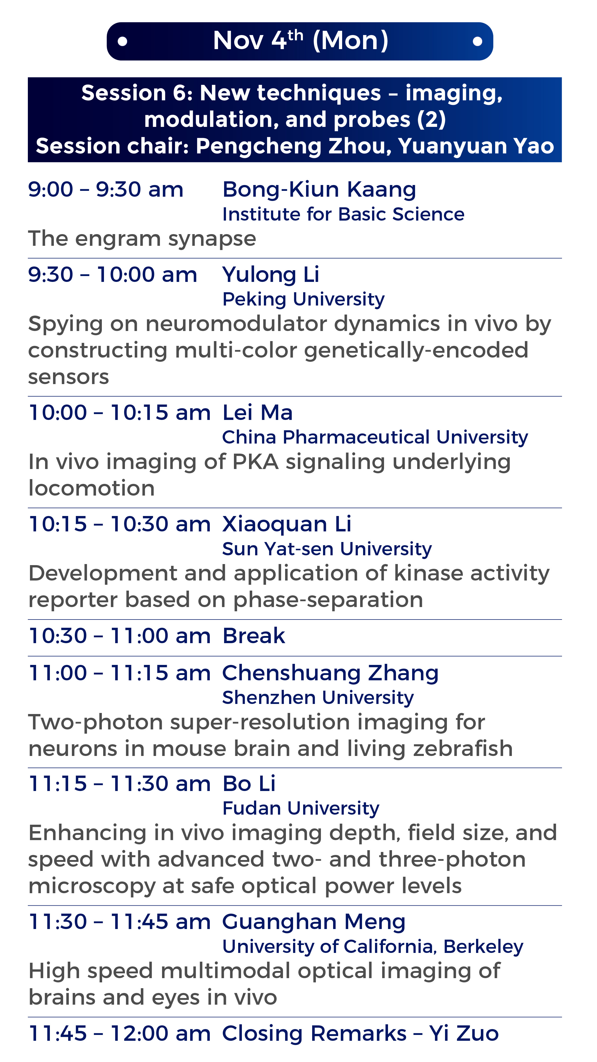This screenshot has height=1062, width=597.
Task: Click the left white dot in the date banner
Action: pos(122,41)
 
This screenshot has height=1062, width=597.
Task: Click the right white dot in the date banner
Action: pos(477,41)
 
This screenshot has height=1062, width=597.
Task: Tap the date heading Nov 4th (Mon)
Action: pos(301,40)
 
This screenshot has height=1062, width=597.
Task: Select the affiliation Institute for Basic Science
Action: pos(343,214)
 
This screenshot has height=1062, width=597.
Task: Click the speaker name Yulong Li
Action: pos(271,275)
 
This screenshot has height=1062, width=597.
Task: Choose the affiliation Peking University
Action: pos(303,300)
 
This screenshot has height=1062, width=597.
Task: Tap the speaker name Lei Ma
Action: pos(258,413)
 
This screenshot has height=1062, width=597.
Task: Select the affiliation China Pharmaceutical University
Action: pos(375,437)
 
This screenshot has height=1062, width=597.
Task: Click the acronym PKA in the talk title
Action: pos(255,462)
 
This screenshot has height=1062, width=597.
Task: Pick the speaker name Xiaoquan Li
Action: pos(287,525)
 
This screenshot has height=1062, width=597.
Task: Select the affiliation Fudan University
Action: pos(301,809)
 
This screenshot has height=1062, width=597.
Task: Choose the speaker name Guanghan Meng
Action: pos(314,922)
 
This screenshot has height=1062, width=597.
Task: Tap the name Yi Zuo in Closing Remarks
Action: pos(464,1034)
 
